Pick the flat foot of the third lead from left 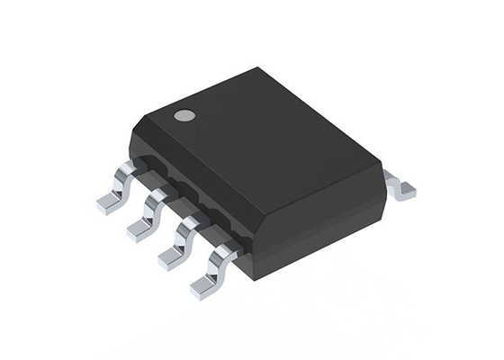(170, 259)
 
